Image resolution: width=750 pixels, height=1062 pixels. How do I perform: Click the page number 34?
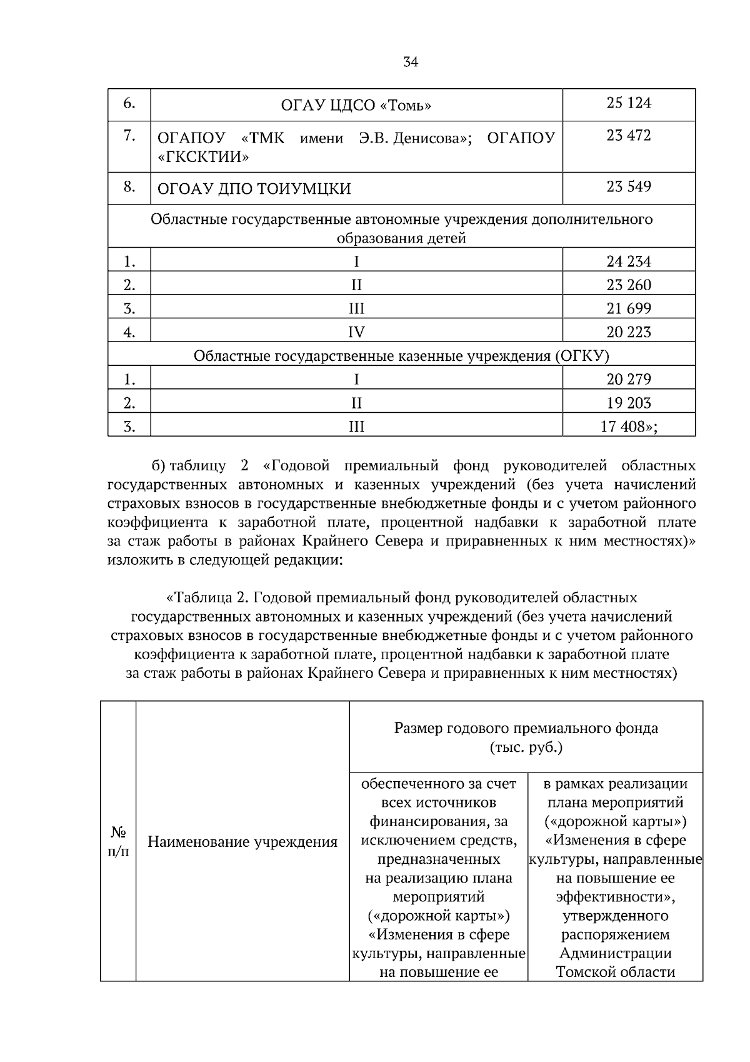point(411,62)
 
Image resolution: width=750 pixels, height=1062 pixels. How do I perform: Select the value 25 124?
point(628,103)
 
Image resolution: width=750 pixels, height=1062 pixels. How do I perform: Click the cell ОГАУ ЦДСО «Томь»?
point(356,105)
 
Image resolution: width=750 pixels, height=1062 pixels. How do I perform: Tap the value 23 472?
point(628,135)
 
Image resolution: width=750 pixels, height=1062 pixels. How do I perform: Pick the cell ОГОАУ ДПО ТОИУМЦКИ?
point(254,188)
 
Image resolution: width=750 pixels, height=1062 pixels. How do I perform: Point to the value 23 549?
point(628,186)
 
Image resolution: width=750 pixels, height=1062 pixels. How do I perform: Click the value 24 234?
point(628,261)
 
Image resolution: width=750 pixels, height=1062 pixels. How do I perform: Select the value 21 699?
point(628,308)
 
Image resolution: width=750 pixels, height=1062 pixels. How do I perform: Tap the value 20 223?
point(628,332)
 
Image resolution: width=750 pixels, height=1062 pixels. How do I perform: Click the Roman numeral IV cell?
point(356,332)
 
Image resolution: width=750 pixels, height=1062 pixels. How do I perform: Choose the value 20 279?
point(628,379)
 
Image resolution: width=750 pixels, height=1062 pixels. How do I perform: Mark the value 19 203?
point(628,403)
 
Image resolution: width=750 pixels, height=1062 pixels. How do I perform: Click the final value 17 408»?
point(629,427)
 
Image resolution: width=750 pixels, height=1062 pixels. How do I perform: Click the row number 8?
point(129,186)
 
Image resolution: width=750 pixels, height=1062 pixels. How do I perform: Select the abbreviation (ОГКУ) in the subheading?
point(581,356)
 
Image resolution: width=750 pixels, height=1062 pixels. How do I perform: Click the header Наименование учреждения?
point(242,842)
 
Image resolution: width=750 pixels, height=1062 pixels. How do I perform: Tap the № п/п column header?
point(118,842)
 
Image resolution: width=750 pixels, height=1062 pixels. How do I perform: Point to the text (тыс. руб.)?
point(526,747)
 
